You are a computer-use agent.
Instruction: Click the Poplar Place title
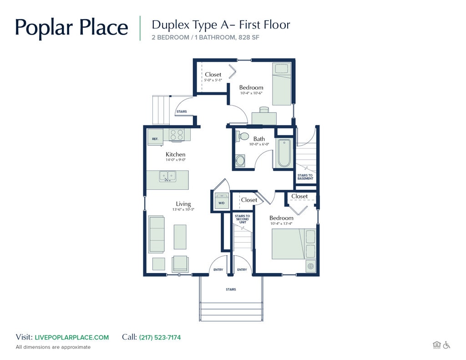pos(71,27)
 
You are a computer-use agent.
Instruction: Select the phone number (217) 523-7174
pos(160,337)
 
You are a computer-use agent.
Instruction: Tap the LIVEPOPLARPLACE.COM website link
pos(72,337)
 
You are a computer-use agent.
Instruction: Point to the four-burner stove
pos(177,134)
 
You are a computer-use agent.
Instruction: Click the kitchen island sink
pos(167,176)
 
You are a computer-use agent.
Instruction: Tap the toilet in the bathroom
pos(243,136)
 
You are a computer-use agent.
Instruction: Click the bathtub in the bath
pos(284,153)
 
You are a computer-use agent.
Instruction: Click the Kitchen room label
pos(175,155)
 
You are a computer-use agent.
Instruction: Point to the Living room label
pos(183,204)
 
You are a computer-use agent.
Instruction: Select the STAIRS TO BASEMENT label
pos(305,177)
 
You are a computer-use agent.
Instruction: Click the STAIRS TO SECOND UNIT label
pos(242,219)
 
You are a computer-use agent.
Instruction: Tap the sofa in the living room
pos(157,234)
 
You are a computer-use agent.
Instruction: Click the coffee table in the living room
pos(180,236)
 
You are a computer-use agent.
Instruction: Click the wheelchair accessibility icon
pos(446,345)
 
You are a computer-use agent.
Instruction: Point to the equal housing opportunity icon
pos(436,345)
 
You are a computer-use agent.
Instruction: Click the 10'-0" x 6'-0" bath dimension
pos(259,144)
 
